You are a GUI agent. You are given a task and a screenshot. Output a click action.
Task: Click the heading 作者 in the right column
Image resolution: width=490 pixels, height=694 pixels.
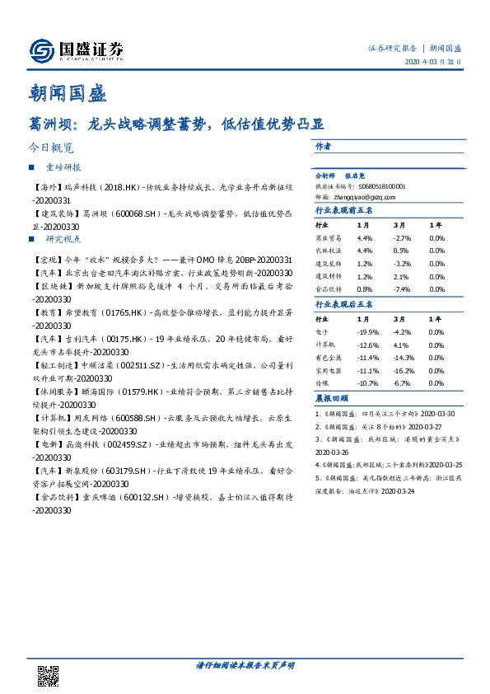coord(323,146)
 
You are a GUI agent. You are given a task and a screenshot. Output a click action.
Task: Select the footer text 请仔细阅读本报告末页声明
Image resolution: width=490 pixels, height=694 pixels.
coord(245,664)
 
